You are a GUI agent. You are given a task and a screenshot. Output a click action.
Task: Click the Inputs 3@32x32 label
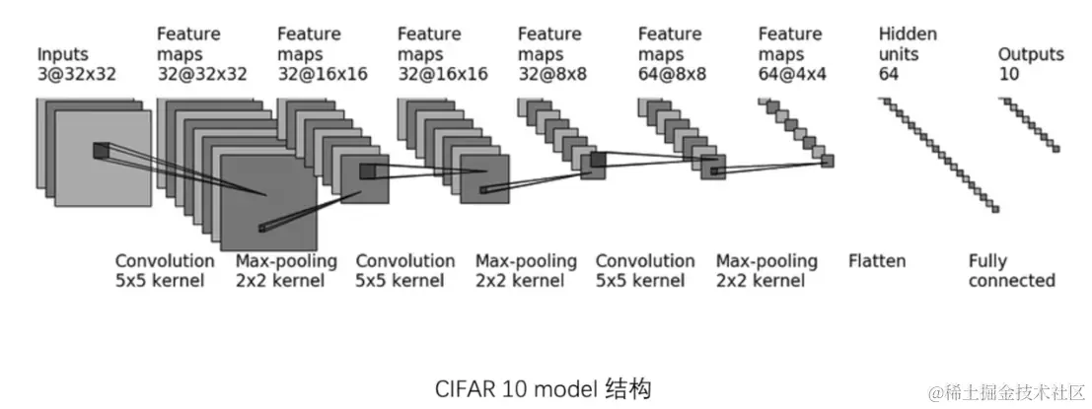click(x=77, y=63)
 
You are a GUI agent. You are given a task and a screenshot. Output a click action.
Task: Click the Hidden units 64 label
click(x=908, y=53)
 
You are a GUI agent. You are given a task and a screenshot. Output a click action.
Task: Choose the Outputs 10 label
click(x=1031, y=63)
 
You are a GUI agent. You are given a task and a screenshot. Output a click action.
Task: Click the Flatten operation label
click(x=877, y=261)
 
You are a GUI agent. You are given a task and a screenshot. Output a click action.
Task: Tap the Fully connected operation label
click(x=1011, y=271)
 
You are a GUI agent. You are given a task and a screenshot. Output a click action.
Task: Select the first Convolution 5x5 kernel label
click(x=165, y=271)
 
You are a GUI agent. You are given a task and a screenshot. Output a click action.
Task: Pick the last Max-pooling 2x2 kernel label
click(x=766, y=271)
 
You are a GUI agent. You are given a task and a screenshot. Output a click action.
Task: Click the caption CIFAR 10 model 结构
click(x=544, y=387)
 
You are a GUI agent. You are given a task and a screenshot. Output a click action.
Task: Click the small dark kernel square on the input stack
click(x=101, y=151)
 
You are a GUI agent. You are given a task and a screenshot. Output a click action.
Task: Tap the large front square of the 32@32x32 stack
click(x=268, y=202)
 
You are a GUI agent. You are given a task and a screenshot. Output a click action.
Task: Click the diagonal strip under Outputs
click(x=1029, y=124)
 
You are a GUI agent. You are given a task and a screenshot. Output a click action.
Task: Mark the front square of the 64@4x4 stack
click(x=827, y=161)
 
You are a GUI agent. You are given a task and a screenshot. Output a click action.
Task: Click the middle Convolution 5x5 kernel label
click(x=405, y=271)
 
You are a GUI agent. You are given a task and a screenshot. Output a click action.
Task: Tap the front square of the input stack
click(x=103, y=158)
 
